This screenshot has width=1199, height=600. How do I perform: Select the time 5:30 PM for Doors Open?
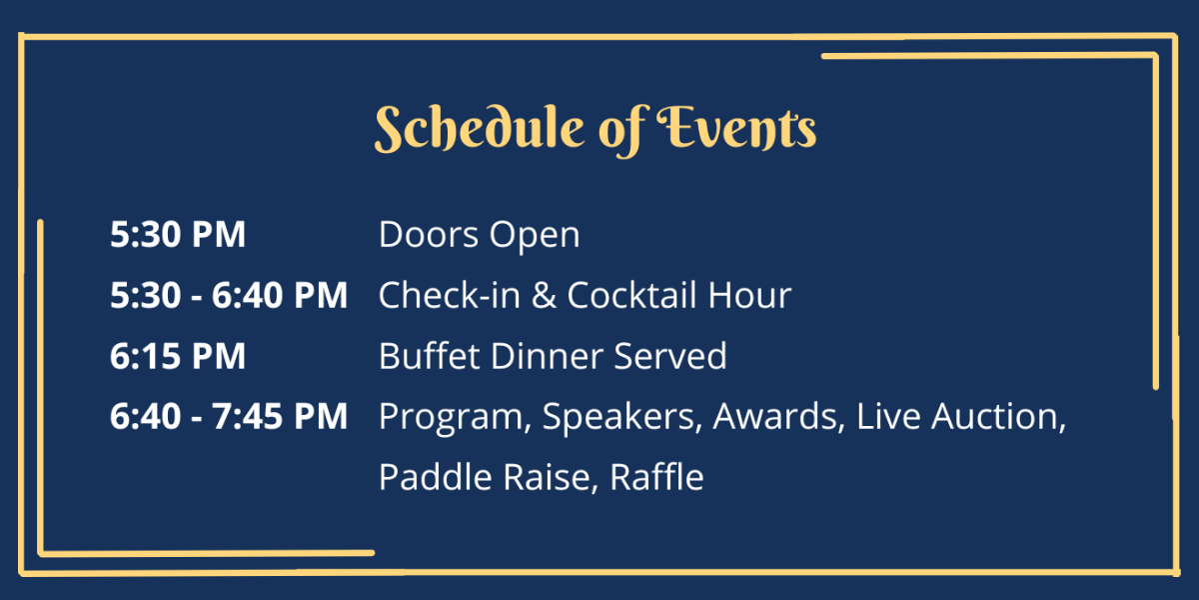[x=178, y=236]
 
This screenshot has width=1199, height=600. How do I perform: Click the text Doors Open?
[x=479, y=236]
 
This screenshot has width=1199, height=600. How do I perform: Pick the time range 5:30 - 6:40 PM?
[x=229, y=296]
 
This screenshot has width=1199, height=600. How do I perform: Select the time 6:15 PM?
[x=178, y=357]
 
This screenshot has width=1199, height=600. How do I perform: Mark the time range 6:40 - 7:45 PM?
[x=229, y=417]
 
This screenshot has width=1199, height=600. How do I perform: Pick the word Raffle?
[x=656, y=477]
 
